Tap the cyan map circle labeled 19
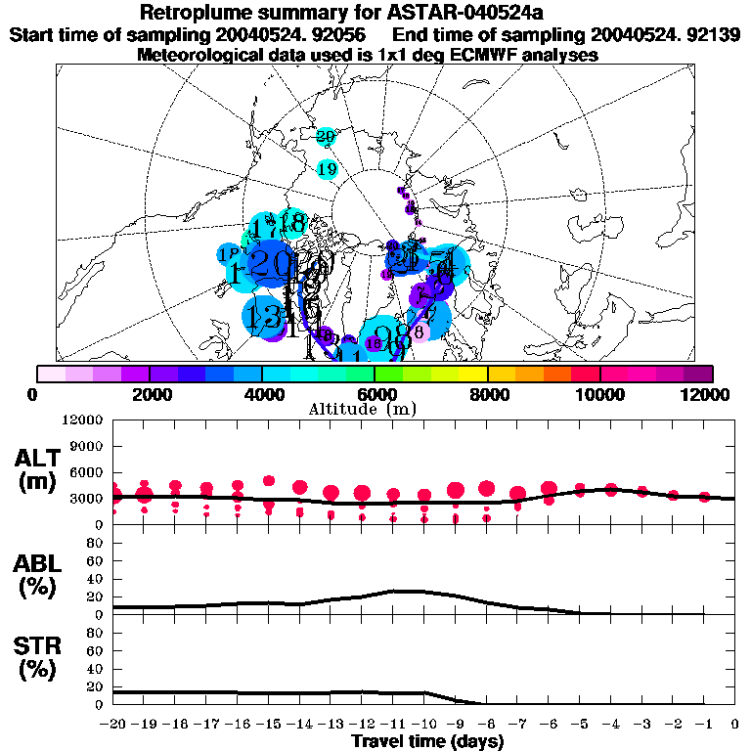point(328,169)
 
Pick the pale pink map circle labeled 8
point(419,331)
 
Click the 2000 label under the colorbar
point(148,394)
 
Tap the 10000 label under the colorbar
point(599,394)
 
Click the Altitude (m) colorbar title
point(375,409)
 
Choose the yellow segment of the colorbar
point(473,374)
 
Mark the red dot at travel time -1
point(704,497)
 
